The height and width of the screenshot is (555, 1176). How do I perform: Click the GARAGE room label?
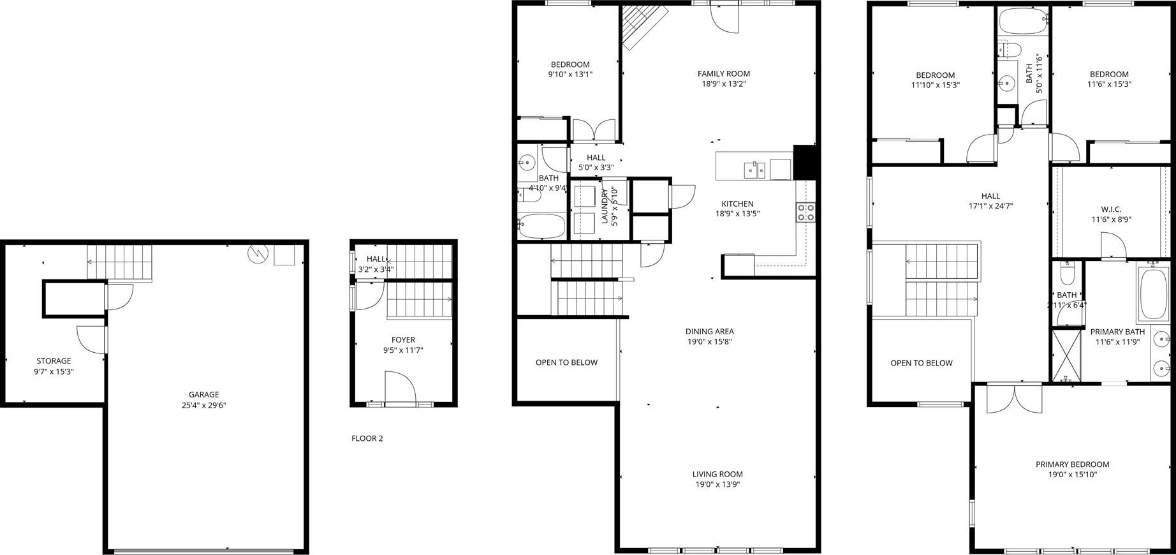[x=203, y=394]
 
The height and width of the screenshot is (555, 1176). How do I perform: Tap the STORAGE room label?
[x=54, y=361]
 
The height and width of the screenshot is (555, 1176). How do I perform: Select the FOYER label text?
[x=403, y=340]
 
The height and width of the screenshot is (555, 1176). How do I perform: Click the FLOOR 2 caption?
[x=367, y=438]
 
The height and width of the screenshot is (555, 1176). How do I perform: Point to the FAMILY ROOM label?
[x=724, y=73]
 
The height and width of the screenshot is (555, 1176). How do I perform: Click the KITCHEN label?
[x=737, y=204]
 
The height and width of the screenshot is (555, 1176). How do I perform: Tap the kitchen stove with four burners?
[x=805, y=212]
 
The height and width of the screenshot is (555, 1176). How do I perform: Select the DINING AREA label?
[x=709, y=331]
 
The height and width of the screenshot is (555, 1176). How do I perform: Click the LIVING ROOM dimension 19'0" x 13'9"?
[x=717, y=484]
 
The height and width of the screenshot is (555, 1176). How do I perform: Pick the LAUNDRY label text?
[x=605, y=207]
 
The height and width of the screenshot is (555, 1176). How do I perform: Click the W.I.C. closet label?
[x=1111, y=209]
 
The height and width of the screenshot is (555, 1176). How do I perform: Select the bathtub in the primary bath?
[x=1154, y=294]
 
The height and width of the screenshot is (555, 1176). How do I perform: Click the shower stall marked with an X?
[x=1066, y=355]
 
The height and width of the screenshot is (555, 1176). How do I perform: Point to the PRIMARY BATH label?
[x=1117, y=332]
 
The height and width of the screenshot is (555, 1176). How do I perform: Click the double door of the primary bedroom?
[x=1014, y=398]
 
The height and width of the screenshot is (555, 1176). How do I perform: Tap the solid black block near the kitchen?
[x=805, y=162]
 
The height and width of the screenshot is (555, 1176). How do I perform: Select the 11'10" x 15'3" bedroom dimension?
[x=935, y=85]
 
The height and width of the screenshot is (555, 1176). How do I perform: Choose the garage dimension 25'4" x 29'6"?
[x=203, y=404]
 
